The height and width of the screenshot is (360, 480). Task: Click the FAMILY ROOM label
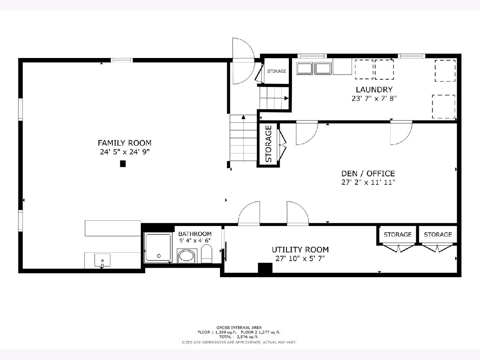pos(124,143)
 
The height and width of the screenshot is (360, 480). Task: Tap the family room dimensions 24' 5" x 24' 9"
pos(125,152)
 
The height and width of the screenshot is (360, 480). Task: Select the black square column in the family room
pos(123,164)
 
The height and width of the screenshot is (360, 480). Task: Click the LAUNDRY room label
pos(374,90)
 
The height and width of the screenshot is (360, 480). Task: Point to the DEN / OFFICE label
pos(368,174)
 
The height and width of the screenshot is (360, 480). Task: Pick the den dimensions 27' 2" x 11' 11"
pos(368,182)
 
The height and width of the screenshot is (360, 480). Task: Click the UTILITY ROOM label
pos(300,250)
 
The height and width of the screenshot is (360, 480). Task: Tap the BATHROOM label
pos(195,234)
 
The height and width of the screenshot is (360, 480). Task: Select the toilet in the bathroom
pos(206,254)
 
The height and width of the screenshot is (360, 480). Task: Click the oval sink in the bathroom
pos(186,256)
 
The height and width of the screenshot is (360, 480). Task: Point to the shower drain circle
pos(159,256)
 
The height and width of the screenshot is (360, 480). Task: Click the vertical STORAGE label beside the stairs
pos(268,144)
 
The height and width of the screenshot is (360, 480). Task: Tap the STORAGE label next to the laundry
pos(277,71)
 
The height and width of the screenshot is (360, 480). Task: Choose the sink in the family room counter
pos(102,260)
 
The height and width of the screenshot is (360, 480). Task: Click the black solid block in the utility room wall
pos(265,268)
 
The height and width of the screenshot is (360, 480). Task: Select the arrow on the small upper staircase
pos(286,98)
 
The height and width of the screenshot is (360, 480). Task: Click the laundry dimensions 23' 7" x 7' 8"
pos(374,98)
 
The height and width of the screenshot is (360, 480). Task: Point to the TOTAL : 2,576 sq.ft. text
pos(239,337)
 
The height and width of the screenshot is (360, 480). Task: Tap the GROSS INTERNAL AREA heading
pos(239,328)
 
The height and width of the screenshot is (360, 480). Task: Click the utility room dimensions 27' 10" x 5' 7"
pos(300,258)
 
